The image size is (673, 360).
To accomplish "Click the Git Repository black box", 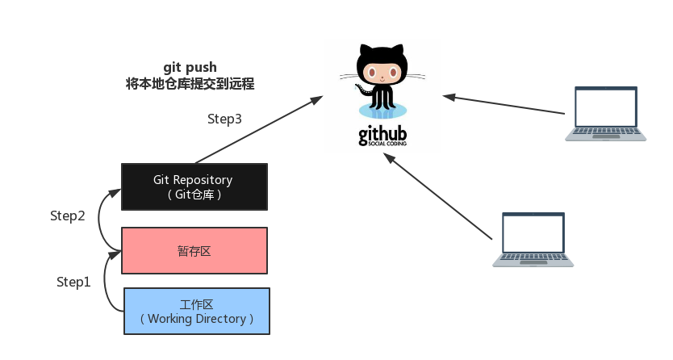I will coord(194,187).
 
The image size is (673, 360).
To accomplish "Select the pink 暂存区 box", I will coord(194,251).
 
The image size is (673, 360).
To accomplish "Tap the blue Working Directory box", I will coord(196,312).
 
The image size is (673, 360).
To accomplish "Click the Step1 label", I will coord(73,282).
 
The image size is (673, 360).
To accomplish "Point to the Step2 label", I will coord(67,216).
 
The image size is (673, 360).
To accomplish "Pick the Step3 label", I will coord(225,119).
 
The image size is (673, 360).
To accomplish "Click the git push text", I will coord(190,68).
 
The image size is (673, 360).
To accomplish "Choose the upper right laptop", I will coord(605,114).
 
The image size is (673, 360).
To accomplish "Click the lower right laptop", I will coord(533,240).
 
